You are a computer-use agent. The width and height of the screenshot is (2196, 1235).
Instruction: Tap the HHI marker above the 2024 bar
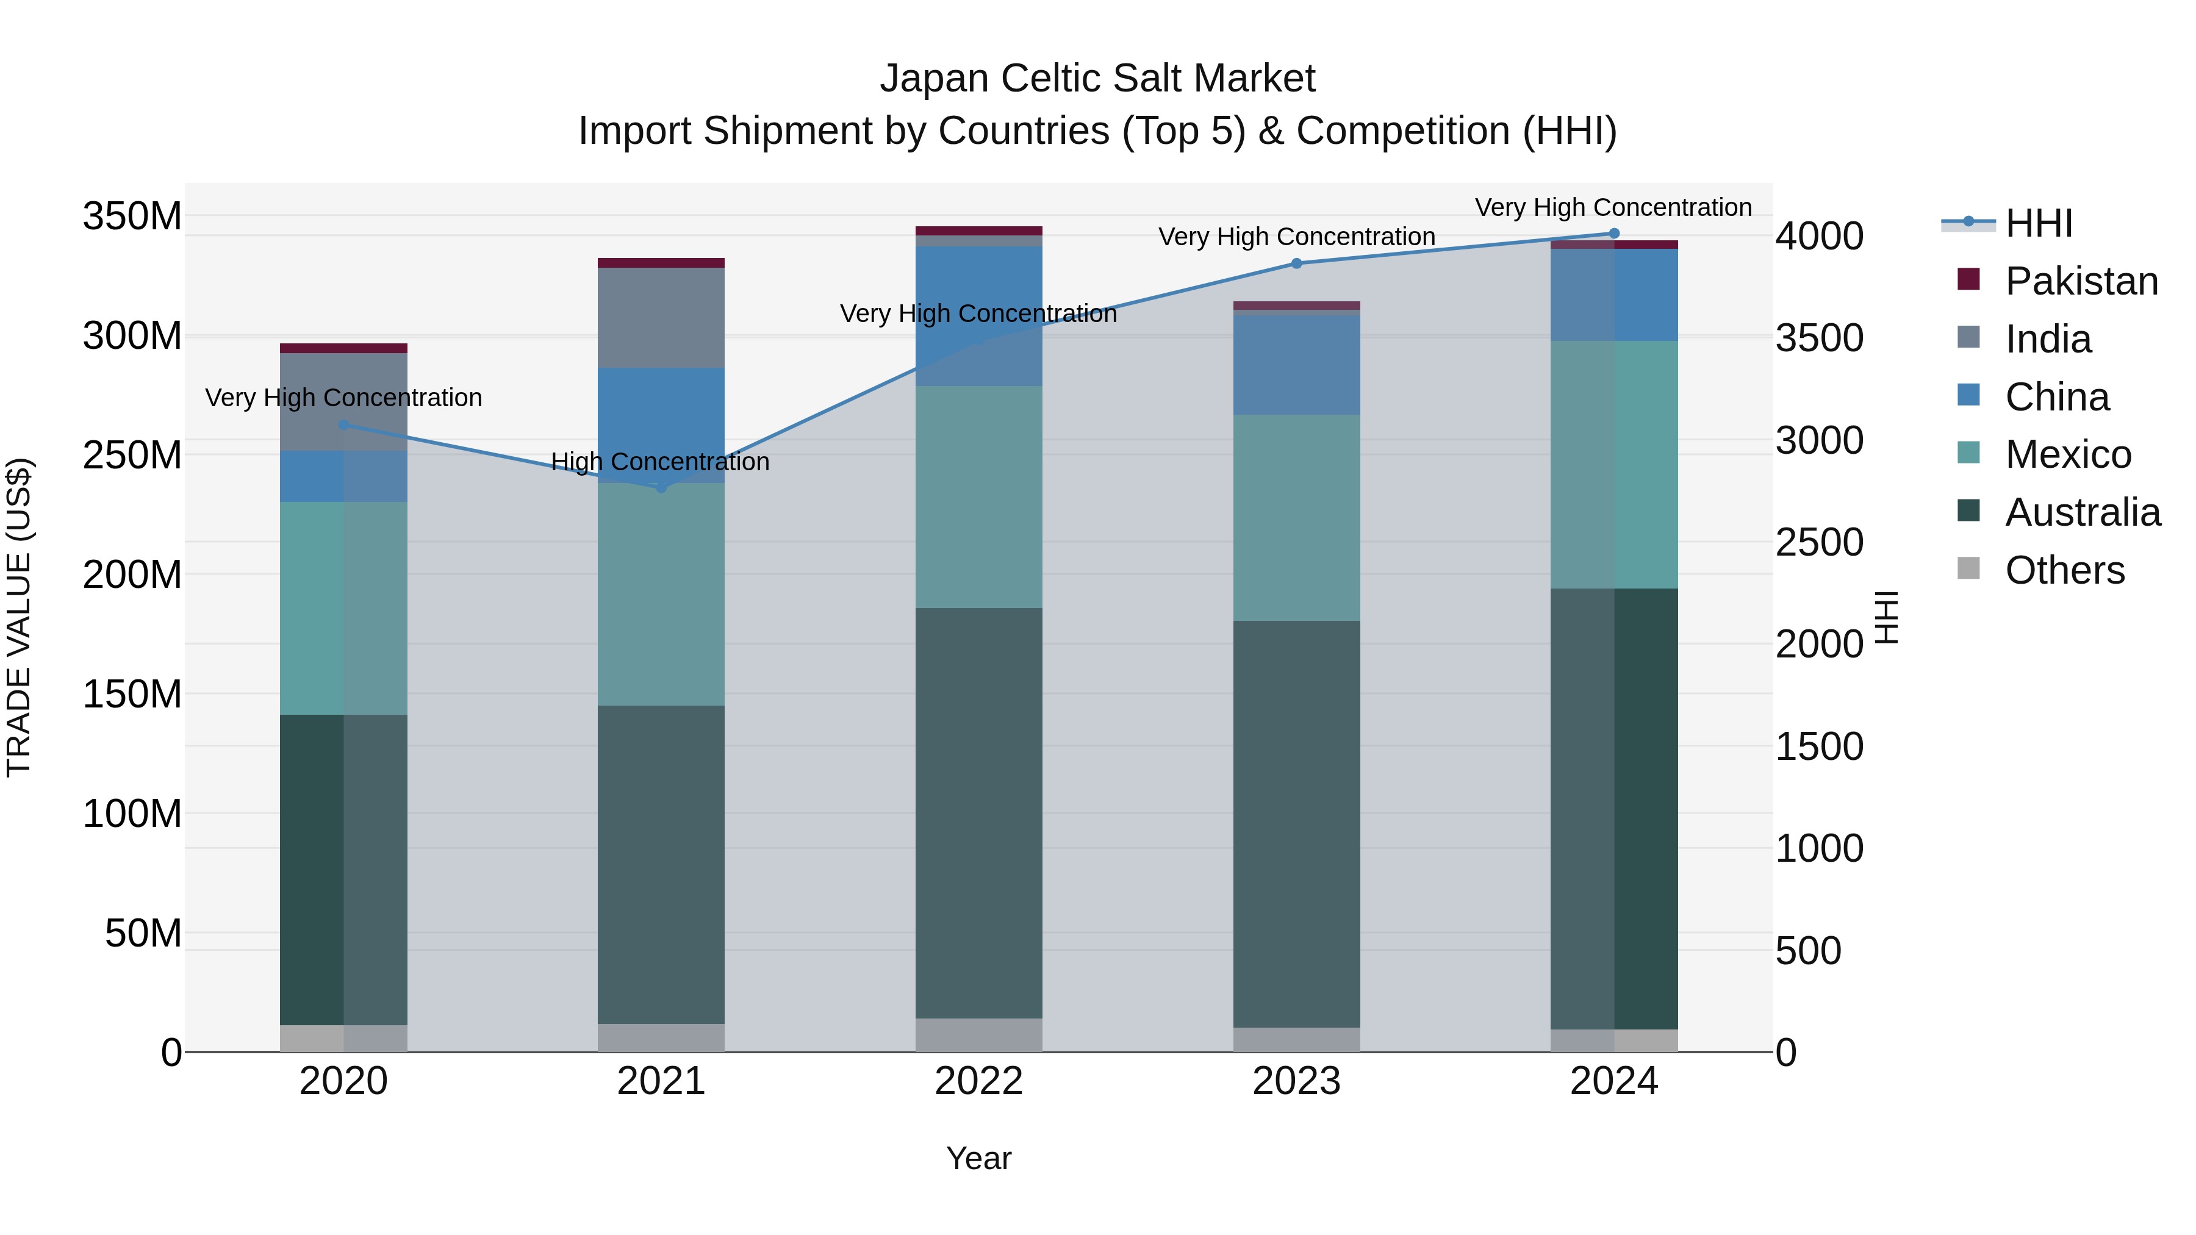1613,234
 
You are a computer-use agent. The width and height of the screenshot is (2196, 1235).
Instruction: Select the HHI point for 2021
661,487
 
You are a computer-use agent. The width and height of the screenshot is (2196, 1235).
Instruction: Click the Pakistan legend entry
2080,281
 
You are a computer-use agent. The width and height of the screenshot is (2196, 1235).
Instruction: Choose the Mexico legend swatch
1968,453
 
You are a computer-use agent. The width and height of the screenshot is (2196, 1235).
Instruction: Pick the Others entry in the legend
2064,570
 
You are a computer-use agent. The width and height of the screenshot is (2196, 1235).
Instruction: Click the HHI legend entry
2037,223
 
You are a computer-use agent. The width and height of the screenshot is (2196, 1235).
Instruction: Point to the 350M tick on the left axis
132,217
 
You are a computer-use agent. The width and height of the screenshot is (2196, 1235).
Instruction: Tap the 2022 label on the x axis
978,1081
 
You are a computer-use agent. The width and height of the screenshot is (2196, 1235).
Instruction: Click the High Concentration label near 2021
660,462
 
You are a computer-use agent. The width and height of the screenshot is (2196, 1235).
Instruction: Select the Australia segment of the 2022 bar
978,810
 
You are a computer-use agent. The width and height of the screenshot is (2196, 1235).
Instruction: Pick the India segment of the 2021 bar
661,317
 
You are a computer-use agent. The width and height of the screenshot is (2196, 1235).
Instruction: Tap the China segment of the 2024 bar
1613,295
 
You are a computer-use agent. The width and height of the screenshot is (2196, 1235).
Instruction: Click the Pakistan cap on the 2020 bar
343,348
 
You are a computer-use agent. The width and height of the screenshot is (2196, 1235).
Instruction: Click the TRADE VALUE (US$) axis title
19,617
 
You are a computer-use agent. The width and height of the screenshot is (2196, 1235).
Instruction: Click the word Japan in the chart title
935,79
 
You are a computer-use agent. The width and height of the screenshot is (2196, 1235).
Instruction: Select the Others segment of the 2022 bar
978,1035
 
